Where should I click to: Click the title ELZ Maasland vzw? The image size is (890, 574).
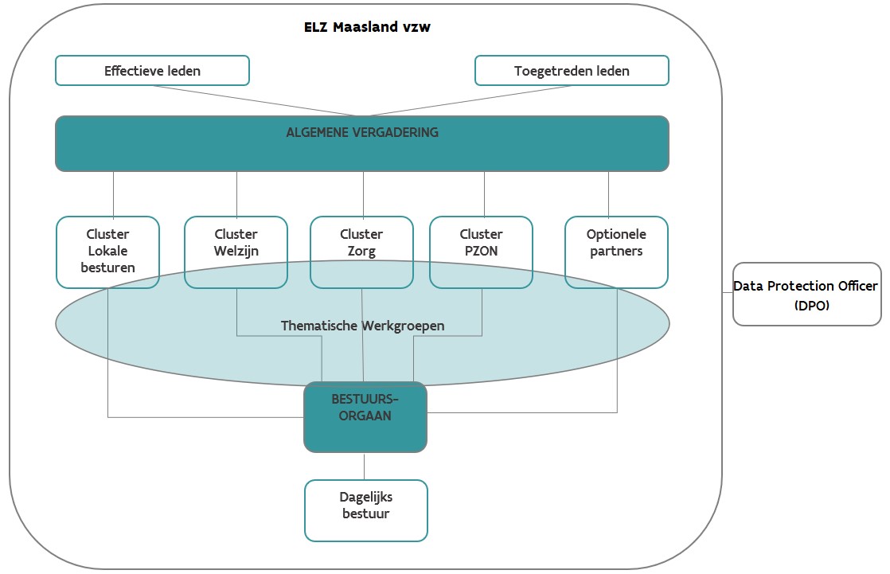coord(367,27)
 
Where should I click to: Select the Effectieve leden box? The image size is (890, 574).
coord(152,71)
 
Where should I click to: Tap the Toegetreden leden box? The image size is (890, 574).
coord(572,71)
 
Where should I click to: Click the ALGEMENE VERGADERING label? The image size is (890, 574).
coord(362,132)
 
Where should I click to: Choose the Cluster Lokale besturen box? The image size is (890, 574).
coord(107,252)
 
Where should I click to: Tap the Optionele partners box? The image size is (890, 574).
coord(616,252)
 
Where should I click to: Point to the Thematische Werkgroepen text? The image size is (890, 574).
coord(362,326)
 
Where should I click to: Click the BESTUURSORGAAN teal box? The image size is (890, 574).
coord(365,416)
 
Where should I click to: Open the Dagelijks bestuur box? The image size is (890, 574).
coord(366,510)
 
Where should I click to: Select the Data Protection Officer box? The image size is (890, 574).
coord(806,294)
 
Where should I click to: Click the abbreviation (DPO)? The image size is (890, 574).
coord(806,304)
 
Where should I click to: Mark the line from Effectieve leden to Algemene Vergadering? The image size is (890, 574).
coord(255,100)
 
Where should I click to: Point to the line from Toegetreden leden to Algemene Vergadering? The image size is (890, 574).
coord(470,100)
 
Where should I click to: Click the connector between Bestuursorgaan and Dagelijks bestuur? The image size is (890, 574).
coord(365,466)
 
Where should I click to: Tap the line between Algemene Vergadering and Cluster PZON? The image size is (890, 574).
coord(484,193)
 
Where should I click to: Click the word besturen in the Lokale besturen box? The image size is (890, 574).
coord(107,267)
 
